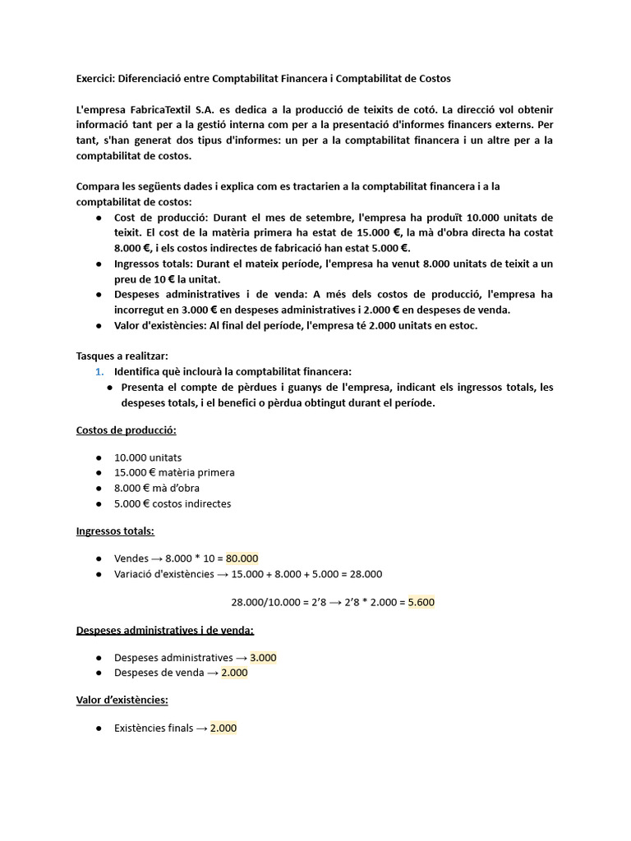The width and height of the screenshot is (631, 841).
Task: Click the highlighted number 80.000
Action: pos(242,558)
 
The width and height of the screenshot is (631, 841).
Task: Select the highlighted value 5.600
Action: pos(421,602)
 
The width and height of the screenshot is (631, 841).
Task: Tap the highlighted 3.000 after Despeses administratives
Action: pos(263,658)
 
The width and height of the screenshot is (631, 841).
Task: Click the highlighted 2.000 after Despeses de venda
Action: pos(234,673)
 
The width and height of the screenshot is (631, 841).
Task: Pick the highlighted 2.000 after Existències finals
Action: pos(223,728)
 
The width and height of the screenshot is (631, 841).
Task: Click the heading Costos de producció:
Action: pos(126,430)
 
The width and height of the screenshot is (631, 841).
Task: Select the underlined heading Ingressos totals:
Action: pos(115,531)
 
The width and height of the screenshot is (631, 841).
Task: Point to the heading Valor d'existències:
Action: pos(122,700)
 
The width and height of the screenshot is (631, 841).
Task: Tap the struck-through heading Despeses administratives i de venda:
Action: pos(164,630)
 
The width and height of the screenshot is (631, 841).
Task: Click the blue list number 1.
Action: pos(99,371)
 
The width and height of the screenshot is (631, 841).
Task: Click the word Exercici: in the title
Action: pos(95,78)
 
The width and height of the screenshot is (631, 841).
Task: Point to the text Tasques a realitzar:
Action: pos(122,356)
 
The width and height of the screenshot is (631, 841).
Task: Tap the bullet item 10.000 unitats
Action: pos(148,457)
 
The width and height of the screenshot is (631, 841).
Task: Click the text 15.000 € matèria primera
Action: pos(174,472)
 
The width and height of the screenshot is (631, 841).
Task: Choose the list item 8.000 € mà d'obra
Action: pos(156,488)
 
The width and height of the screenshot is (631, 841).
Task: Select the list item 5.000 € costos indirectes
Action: pos(173,503)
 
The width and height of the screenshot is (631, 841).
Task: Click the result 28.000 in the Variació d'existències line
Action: pos(365,574)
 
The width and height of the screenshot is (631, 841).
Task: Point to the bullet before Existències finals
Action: pos(99,728)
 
